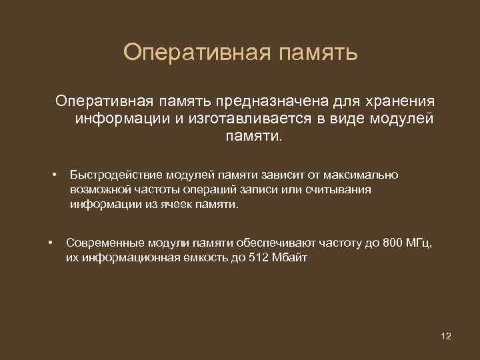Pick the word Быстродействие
click(x=112, y=175)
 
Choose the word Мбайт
click(x=290, y=259)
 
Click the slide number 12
click(x=446, y=336)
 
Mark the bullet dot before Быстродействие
click(x=54, y=175)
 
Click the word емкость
click(x=205, y=259)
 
